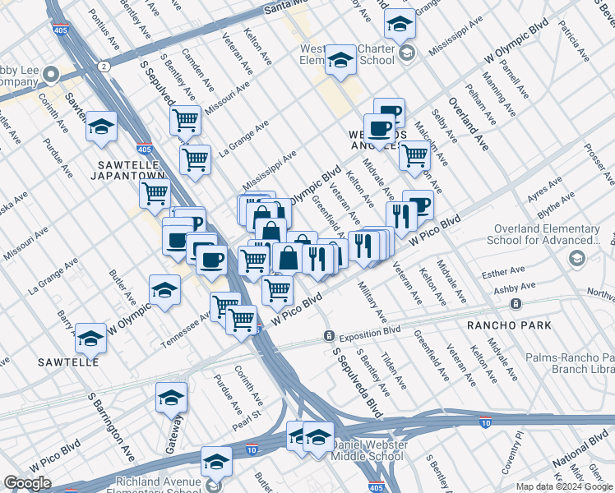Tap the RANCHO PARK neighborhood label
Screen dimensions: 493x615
pos(502,325)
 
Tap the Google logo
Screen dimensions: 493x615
pos(27,483)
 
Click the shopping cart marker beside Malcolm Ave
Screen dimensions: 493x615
pos(414,154)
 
